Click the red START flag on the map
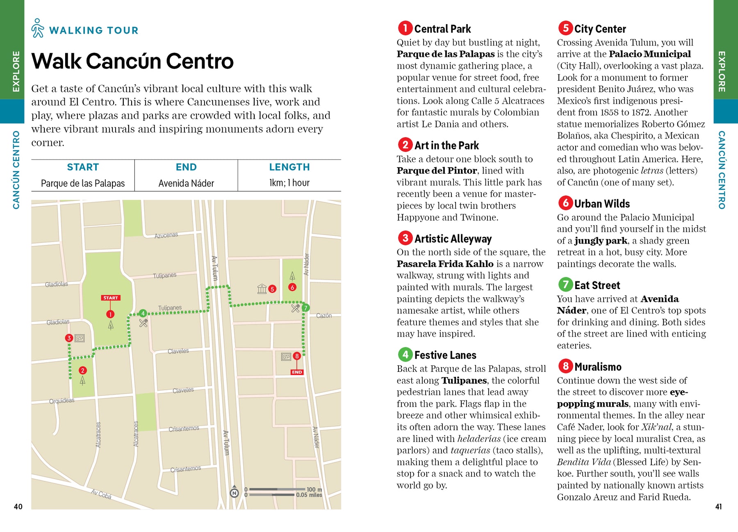click(x=111, y=298)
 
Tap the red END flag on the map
click(x=297, y=372)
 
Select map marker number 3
click(x=69, y=338)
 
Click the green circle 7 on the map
click(x=305, y=308)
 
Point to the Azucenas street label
click(x=166, y=235)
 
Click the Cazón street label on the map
click(x=323, y=315)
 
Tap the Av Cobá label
click(x=101, y=494)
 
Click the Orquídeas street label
click(x=62, y=401)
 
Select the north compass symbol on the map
click(x=234, y=493)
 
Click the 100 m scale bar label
click(x=314, y=489)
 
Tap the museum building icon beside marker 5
click(x=262, y=289)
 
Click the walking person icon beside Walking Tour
click(x=38, y=28)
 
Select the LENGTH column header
click(x=289, y=167)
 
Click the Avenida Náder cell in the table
click(x=186, y=183)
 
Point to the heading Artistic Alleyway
click(x=453, y=239)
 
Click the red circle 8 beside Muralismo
click(x=565, y=366)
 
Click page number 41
click(x=718, y=507)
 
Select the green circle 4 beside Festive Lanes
click(x=405, y=354)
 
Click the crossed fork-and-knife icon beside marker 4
click(x=143, y=323)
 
